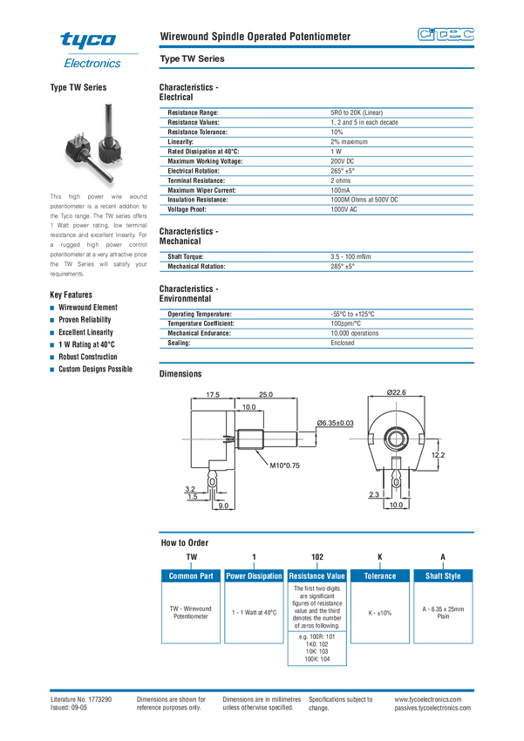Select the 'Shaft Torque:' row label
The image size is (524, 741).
187,256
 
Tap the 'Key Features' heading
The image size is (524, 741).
71,295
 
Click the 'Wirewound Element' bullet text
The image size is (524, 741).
88,308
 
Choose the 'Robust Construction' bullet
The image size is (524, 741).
88,357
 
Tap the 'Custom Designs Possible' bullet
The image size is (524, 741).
96,369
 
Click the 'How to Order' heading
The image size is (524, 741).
185,542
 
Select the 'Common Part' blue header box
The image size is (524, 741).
191,576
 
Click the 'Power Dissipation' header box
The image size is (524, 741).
254,576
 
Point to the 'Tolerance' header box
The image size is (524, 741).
379,576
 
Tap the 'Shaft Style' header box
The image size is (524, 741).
442,576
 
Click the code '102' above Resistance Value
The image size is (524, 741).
316,557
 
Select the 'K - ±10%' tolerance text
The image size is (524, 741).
379,613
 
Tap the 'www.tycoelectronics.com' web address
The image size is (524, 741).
432,700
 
